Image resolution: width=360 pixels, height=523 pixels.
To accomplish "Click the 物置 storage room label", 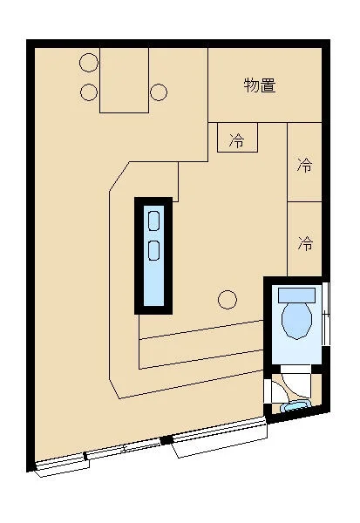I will (260, 85).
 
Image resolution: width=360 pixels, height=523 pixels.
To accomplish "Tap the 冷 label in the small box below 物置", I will (236, 139).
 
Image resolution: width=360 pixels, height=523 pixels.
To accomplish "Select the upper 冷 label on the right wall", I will (304, 164).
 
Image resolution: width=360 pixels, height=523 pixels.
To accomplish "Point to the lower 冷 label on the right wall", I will (304, 243).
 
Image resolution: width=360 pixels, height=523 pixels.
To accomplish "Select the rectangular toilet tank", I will (296, 294).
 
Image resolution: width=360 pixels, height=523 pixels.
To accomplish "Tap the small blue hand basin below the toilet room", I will (295, 406).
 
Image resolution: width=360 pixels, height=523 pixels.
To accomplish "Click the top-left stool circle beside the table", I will (88, 63).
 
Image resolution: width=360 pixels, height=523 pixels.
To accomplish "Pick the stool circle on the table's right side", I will (158, 91).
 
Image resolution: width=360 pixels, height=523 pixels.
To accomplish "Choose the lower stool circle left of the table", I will (88, 91).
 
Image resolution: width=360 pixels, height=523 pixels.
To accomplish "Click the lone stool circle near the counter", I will (227, 300).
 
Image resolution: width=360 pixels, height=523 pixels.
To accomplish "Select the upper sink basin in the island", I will (154, 221).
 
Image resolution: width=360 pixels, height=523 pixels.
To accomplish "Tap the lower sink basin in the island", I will (154, 250).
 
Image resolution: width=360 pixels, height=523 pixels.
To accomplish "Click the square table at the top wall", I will (124, 80).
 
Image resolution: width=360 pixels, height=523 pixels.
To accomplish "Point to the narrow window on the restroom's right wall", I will (326, 311).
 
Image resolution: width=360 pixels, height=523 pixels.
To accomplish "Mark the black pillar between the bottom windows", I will (163, 440).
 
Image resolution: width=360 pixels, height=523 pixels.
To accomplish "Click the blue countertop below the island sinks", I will (154, 283).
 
